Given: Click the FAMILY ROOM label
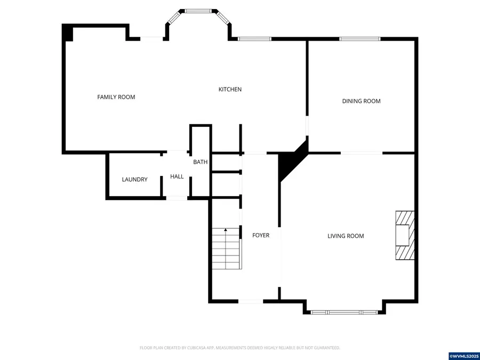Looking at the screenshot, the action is click(x=116, y=97).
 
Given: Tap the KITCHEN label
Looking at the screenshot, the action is click(x=230, y=90).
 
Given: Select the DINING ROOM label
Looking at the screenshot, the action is click(x=361, y=101).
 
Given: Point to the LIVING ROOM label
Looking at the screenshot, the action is click(x=346, y=236).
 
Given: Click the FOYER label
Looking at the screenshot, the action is click(x=261, y=235).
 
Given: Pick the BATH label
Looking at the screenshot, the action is click(x=200, y=162).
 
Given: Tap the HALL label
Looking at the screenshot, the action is click(x=177, y=177).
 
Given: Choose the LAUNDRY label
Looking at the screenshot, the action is click(x=135, y=179).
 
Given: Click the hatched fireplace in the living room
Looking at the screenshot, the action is click(x=405, y=235).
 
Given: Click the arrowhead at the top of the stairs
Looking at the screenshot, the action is click(x=226, y=229).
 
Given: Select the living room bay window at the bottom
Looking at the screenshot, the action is click(x=344, y=312).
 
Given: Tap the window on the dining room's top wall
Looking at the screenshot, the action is click(x=359, y=39).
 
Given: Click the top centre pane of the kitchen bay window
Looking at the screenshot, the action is click(x=198, y=11).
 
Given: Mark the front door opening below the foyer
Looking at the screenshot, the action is click(x=251, y=301).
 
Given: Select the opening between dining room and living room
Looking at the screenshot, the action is click(x=362, y=153).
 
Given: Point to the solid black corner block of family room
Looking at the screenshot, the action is click(x=68, y=33).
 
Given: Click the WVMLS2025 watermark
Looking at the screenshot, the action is click(x=464, y=356).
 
